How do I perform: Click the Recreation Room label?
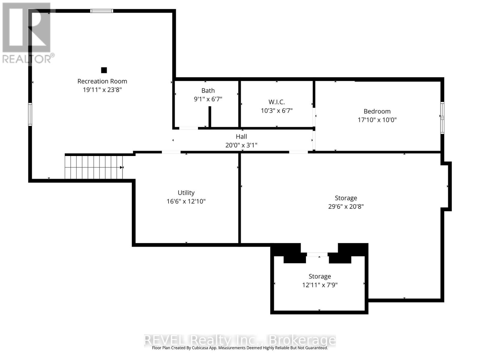coord(102,81)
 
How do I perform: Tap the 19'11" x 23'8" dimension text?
coord(102,90)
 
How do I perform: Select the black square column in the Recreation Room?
coord(104,70)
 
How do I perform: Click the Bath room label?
coord(208,91)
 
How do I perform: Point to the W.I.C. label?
coord(277,102)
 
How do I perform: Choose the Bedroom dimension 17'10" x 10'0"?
coord(377,120)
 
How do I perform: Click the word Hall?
coord(241,136)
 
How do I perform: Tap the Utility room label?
coord(186,193)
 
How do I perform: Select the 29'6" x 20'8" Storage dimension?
coord(346,207)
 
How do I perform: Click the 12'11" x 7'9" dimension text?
coord(320,285)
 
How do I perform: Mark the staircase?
coord(94,167)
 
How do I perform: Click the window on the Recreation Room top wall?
coord(102,11)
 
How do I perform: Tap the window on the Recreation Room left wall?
coord(30,114)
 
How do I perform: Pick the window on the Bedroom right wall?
coord(442,118)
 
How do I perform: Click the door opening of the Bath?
coord(188,128)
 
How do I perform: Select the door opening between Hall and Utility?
coord(171,152)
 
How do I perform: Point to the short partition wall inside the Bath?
coord(210,116)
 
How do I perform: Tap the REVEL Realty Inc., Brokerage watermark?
coord(240,340)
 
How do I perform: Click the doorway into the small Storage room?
coord(317,254)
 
